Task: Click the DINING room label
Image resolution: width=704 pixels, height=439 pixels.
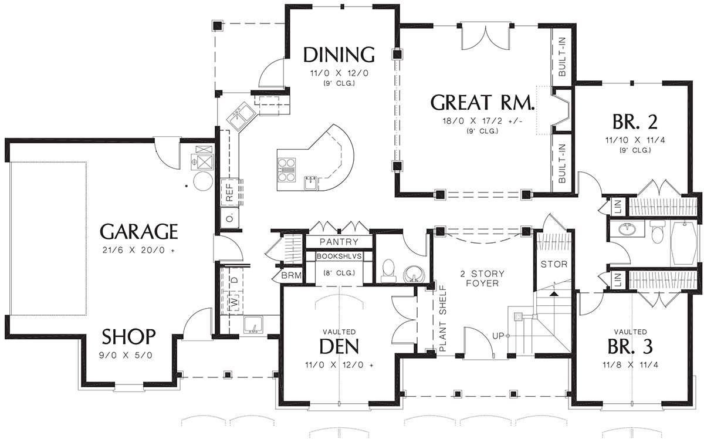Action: tap(339, 55)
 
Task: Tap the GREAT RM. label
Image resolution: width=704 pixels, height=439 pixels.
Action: tap(482, 103)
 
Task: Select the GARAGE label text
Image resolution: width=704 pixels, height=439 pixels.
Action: tap(139, 231)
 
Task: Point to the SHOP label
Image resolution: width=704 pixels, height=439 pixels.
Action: tap(128, 336)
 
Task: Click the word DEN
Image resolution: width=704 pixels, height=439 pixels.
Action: tap(339, 346)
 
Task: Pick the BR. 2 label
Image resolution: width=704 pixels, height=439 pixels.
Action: tap(635, 121)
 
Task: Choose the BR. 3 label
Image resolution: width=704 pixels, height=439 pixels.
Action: tap(630, 346)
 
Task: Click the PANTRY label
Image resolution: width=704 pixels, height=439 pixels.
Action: tap(339, 242)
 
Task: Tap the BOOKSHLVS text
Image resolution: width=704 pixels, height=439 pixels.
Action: tap(339, 256)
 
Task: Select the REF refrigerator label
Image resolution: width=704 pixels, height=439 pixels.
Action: tap(230, 193)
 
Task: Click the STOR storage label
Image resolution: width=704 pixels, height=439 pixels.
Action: tap(554, 264)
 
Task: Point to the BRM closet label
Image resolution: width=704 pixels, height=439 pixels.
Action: tap(292, 276)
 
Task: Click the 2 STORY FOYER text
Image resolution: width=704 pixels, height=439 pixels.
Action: tap(482, 278)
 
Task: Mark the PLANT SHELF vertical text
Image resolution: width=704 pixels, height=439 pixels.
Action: tap(443, 318)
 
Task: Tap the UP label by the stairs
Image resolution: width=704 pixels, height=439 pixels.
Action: tap(498, 336)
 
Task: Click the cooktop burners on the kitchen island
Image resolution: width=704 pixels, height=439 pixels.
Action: tap(287, 170)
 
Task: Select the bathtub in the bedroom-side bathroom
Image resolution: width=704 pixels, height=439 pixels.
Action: tap(684, 243)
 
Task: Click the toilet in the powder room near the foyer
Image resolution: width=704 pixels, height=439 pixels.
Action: tap(388, 271)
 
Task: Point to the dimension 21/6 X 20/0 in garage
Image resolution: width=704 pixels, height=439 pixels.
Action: tap(138, 251)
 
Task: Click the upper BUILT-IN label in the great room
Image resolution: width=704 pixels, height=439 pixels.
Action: tap(562, 56)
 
